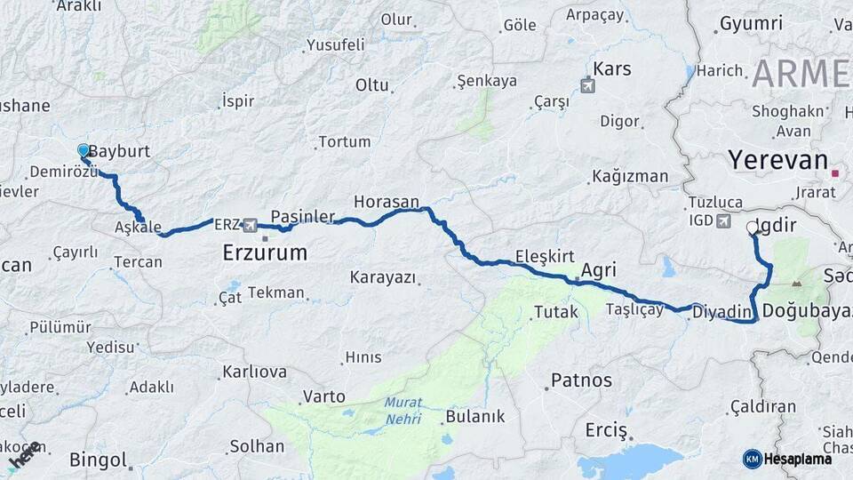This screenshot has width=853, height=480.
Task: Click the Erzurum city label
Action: tap(265, 253)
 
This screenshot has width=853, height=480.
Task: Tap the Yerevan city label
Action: tap(777, 160)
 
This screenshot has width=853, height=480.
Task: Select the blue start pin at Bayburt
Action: tap(84, 151)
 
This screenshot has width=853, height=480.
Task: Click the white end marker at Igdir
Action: tap(753, 228)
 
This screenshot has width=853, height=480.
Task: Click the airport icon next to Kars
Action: tap(586, 85)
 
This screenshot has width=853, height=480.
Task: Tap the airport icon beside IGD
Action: tap(723, 220)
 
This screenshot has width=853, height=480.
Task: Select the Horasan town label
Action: tap(386, 202)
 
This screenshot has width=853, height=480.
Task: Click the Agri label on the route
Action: tap(599, 270)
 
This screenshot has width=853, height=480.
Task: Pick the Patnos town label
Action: tap(581, 380)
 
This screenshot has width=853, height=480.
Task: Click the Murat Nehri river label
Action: tap(403, 410)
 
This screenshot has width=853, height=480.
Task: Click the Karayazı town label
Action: tap(383, 277)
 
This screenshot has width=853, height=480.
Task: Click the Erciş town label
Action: tap(606, 430)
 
